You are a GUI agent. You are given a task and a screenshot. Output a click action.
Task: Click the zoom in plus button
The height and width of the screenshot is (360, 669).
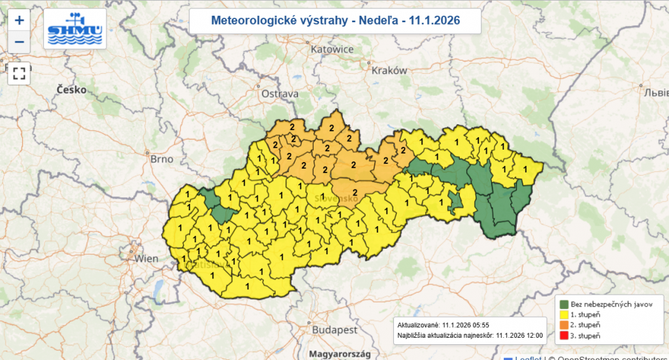(x=19, y=20)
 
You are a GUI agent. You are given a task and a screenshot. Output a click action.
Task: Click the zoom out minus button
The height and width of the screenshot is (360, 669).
(x=19, y=42)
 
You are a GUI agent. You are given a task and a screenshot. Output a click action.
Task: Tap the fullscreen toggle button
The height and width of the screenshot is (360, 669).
(x=19, y=72)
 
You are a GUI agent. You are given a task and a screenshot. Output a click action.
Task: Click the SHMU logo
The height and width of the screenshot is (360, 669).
(x=74, y=29)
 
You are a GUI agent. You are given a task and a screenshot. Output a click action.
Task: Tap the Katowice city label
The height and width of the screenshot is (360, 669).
(x=332, y=49)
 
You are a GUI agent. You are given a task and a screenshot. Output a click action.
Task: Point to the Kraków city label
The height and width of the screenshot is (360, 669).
(x=389, y=71)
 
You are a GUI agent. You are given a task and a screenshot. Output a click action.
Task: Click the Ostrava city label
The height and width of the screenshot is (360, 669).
(x=280, y=94)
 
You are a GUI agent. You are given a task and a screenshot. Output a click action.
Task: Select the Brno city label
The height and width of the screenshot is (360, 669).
(x=161, y=159)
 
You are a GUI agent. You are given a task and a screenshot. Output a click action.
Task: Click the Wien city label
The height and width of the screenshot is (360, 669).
(x=146, y=259)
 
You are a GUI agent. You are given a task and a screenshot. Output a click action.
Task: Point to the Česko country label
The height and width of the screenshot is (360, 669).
(x=71, y=90)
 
